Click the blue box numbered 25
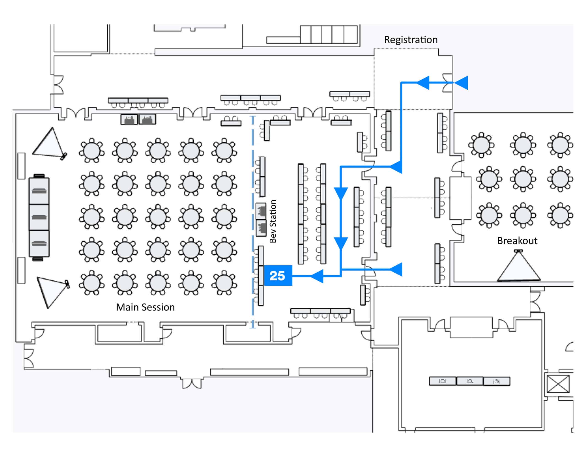[x=278, y=276]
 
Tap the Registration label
[x=411, y=40]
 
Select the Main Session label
[x=145, y=307]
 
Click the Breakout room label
[x=517, y=241]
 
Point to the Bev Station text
[x=273, y=221]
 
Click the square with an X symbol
[x=558, y=384]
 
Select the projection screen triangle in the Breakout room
[x=518, y=266]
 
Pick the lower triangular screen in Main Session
[x=52, y=292]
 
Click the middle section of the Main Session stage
[x=39, y=217]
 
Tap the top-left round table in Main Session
[x=92, y=150]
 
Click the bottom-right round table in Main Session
[x=224, y=283]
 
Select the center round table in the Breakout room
[x=523, y=179]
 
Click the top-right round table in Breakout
[x=560, y=145]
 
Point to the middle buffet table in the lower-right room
[x=469, y=381]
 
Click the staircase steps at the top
[x=329, y=34]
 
